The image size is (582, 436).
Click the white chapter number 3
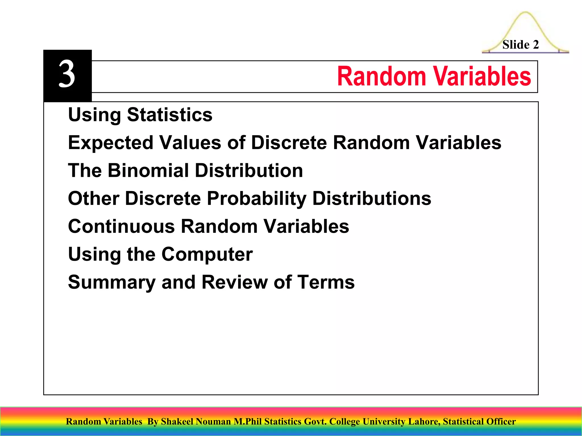[x=67, y=74]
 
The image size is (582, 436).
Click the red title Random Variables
[x=434, y=76]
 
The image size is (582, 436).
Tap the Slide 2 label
[x=520, y=45]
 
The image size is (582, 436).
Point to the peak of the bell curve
[x=525, y=12]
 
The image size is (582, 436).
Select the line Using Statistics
[x=140, y=115]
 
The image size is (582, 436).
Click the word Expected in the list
[x=111, y=142]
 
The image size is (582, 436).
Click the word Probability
[x=257, y=198]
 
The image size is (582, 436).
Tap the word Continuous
[x=121, y=226]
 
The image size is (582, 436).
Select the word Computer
[x=207, y=254]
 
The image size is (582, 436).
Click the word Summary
[x=112, y=282]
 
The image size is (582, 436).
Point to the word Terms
[x=326, y=282]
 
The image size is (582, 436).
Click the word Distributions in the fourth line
[x=372, y=198]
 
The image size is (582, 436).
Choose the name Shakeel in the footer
[x=177, y=422]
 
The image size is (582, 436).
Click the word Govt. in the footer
[x=315, y=422]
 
